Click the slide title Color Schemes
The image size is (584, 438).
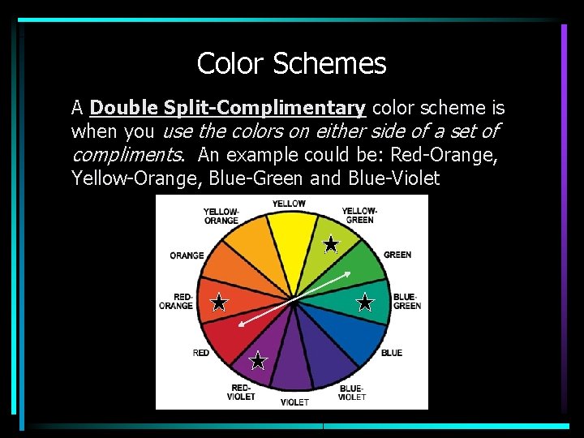tap(291, 63)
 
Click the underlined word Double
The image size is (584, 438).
tap(124, 108)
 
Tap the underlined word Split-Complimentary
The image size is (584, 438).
tap(264, 108)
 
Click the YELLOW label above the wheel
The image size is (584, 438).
tap(289, 204)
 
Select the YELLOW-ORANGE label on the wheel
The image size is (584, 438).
tap(221, 217)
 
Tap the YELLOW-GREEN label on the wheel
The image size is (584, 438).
tap(359, 215)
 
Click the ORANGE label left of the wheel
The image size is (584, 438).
tap(187, 255)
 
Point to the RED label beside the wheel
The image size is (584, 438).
tap(201, 353)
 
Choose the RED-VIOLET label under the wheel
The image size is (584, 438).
tap(243, 393)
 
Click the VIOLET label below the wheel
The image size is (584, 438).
tap(294, 401)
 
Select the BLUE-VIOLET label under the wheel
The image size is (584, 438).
tap(351, 393)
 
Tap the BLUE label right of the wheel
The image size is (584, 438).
tap(392, 353)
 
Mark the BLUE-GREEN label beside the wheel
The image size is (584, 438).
tap(406, 302)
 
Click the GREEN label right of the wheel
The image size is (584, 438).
tap(397, 255)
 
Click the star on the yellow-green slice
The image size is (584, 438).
tap(331, 244)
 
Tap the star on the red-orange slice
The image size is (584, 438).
tap(219, 303)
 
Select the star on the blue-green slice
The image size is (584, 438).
tap(365, 303)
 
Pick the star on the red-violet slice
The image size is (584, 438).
tap(258, 361)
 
